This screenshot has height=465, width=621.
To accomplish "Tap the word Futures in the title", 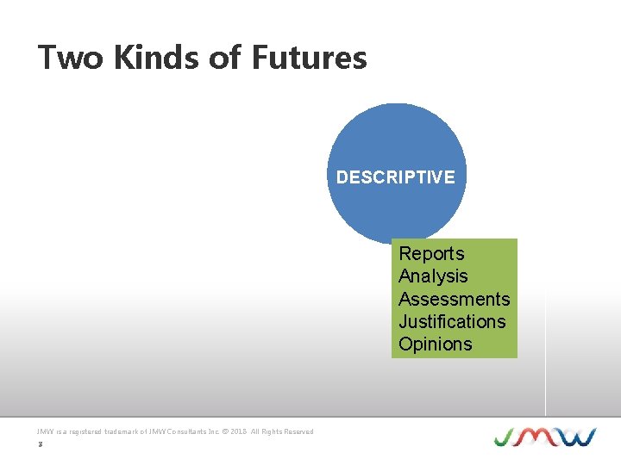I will click(310, 58).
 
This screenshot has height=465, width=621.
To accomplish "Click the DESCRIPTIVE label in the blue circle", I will click(396, 177).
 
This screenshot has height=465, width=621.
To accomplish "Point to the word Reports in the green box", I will click(431, 254).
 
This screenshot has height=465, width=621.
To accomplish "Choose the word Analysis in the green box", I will click(433, 276).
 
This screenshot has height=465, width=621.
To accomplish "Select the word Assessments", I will click(454, 299).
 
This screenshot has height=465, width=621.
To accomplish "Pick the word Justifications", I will click(452, 321).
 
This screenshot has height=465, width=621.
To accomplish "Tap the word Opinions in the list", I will click(436, 344).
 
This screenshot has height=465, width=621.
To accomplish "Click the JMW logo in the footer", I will click(544, 437).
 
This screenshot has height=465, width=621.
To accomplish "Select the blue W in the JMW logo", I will click(576, 437).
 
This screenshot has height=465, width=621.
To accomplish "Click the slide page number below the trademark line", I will click(40, 444).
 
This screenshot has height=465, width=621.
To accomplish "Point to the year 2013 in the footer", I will click(240, 431).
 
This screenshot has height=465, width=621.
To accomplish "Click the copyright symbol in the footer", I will click(225, 431).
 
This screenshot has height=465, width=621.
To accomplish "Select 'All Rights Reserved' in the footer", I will click(284, 431).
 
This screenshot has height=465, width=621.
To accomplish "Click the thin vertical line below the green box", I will click(546, 387).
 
